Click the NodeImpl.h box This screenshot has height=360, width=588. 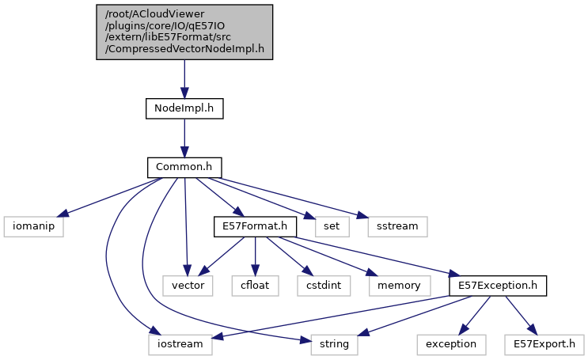click(184, 108)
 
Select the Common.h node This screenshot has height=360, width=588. click(184, 168)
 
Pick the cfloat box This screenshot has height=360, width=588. click(255, 285)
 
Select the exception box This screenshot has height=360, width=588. click(450, 344)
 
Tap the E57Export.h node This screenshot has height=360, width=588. click(544, 344)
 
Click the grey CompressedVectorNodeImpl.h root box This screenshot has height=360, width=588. click(184, 32)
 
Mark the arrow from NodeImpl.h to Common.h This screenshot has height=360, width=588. click(184, 138)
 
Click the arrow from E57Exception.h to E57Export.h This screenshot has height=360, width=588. click(516, 314)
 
